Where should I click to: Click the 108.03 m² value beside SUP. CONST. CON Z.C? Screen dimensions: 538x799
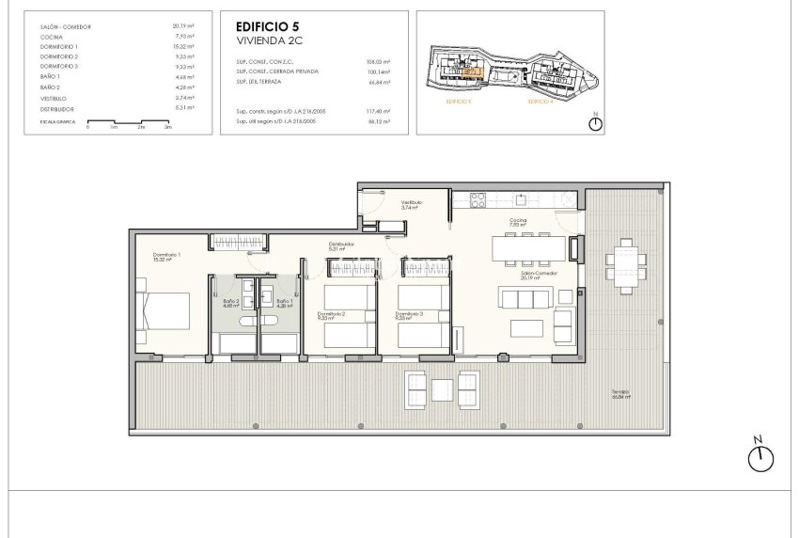click(x=377, y=61)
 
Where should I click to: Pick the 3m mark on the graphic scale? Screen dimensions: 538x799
click(x=168, y=126)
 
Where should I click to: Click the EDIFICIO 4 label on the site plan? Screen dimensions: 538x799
click(x=540, y=100)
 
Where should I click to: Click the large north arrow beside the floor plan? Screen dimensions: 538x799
click(x=761, y=457)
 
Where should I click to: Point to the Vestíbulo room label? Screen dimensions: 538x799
click(x=412, y=202)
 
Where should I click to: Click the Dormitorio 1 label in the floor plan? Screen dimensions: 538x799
click(x=166, y=255)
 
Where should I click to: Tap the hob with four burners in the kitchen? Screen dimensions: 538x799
click(x=476, y=198)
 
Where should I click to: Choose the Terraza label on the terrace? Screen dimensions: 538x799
click(x=618, y=393)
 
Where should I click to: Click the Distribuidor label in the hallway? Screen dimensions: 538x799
click(x=340, y=244)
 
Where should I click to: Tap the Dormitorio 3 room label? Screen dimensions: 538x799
click(x=409, y=314)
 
